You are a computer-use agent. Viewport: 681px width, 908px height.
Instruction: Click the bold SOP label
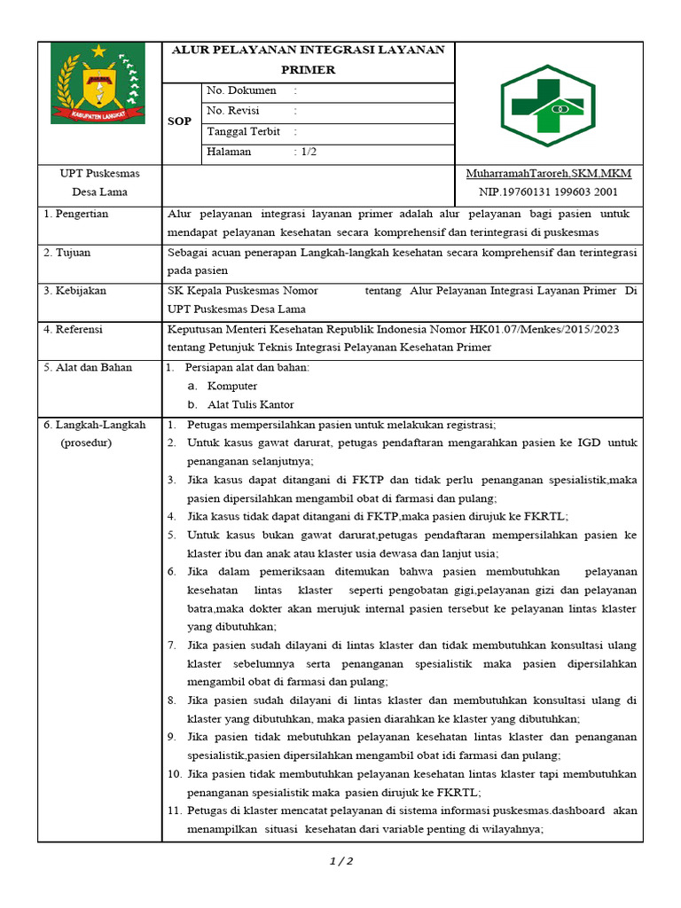179,121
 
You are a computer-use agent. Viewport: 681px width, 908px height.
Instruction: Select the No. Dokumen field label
241,90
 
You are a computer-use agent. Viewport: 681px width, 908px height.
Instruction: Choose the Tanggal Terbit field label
243,131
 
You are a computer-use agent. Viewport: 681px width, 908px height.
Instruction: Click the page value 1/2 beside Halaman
308,152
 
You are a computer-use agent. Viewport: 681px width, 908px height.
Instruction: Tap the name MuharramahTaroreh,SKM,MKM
548,173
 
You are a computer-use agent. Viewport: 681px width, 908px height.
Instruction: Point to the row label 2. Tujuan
67,253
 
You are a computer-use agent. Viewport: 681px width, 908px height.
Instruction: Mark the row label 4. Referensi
74,329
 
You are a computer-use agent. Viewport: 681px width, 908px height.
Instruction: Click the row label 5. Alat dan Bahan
88,367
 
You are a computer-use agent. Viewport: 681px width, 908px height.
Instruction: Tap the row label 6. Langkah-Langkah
95,425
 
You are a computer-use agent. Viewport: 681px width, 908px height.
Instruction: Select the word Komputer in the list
232,386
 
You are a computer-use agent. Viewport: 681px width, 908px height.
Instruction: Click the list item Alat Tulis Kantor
250,404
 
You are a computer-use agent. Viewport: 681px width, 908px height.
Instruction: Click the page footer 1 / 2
341,861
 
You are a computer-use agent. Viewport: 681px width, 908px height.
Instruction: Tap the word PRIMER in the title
308,69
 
